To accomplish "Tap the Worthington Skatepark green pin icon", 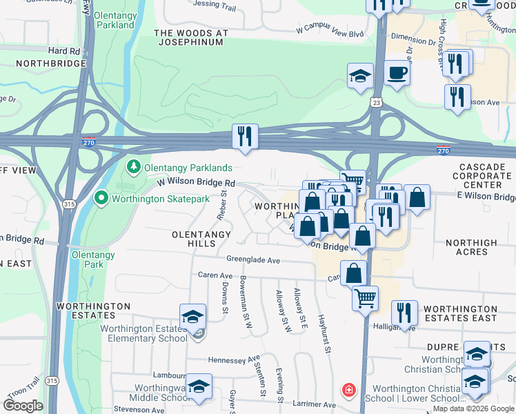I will click(x=101, y=199).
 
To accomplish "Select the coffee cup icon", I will click(x=397, y=72).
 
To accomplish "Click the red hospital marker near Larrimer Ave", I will click(x=349, y=391).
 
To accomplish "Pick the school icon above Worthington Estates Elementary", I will click(x=192, y=317).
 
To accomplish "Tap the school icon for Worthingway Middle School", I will click(x=199, y=387).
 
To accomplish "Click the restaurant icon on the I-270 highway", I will click(x=245, y=137).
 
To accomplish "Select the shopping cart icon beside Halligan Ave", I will click(x=365, y=299).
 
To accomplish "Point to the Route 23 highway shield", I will click(x=373, y=101).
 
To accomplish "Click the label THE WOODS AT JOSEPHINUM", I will click(x=189, y=37).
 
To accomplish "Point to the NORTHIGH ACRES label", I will click(x=471, y=247).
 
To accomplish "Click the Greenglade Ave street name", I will click(x=253, y=260).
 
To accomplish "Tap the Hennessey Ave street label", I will click(x=234, y=359).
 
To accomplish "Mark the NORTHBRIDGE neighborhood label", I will click(x=43, y=63).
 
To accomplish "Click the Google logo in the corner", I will click(x=23, y=406).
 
